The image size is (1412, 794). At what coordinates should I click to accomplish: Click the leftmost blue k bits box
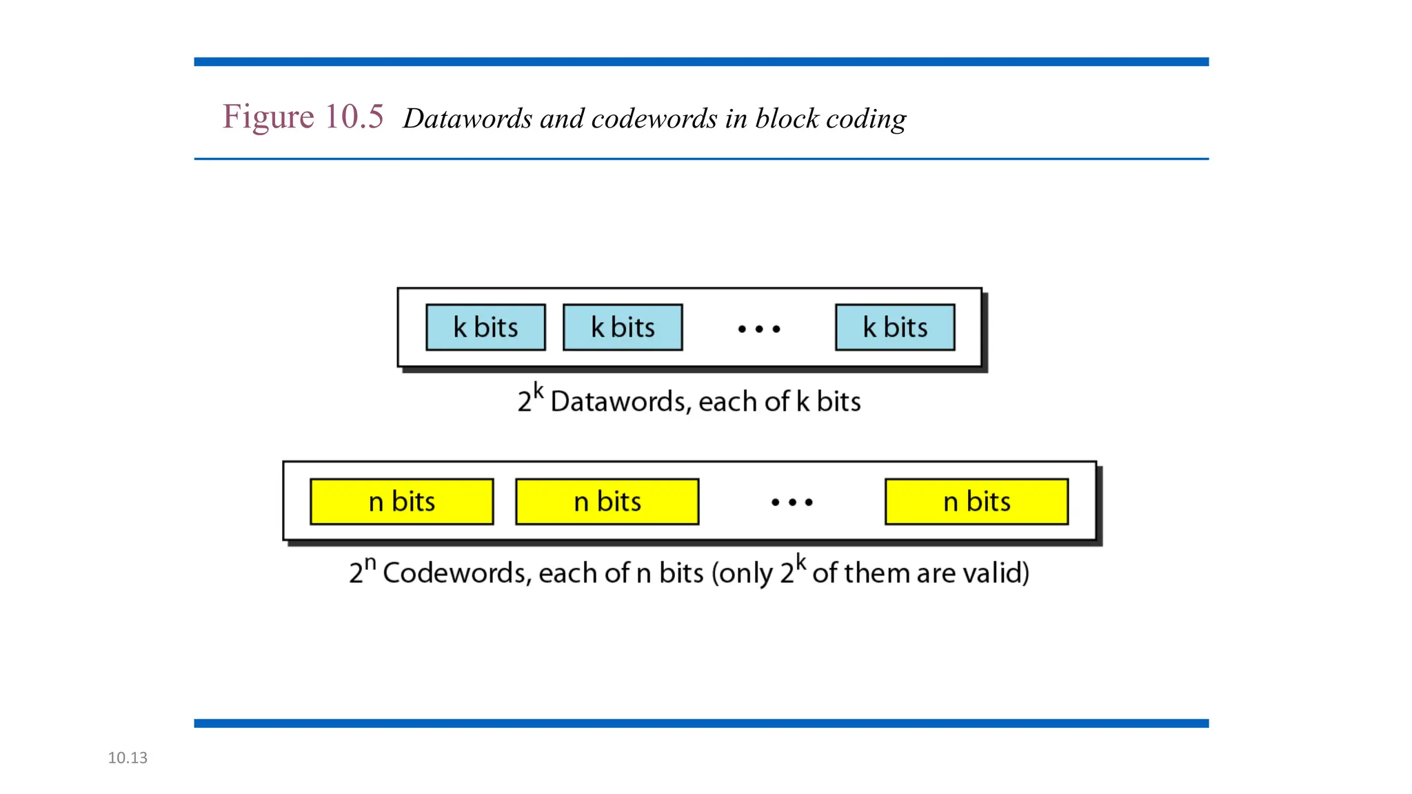tap(485, 327)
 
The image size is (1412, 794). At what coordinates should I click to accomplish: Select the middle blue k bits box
tap(623, 327)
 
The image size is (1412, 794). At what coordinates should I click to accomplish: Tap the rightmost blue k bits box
tap(895, 327)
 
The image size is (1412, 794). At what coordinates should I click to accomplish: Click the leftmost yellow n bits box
tap(401, 502)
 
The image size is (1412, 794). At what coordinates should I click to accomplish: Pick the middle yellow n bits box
tap(607, 502)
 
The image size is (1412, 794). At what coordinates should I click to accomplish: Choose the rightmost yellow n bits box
tap(976, 502)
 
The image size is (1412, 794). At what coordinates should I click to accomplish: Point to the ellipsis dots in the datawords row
tap(758, 329)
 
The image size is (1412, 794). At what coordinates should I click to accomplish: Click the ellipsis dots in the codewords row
tap(791, 502)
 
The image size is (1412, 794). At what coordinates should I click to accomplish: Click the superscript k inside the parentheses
tap(800, 562)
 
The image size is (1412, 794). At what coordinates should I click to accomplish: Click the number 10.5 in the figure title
tap(354, 116)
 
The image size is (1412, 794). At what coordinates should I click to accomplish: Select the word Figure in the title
tap(268, 116)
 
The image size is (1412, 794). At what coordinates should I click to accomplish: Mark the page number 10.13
tap(128, 758)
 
